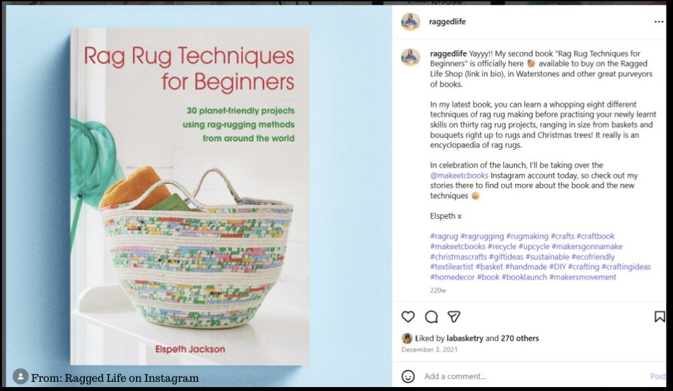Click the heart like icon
pos(408,317)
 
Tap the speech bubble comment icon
pos(431,317)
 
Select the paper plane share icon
pos(453,317)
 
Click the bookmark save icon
pos(659,317)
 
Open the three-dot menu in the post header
pos(659,22)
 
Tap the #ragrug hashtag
pos(444,236)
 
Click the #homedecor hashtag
pos(452,277)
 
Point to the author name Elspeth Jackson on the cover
pos(189,349)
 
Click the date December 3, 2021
pos(429,350)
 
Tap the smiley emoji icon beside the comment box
pos(408,377)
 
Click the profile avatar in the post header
pos(411,22)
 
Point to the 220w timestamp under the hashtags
pos(438,290)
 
